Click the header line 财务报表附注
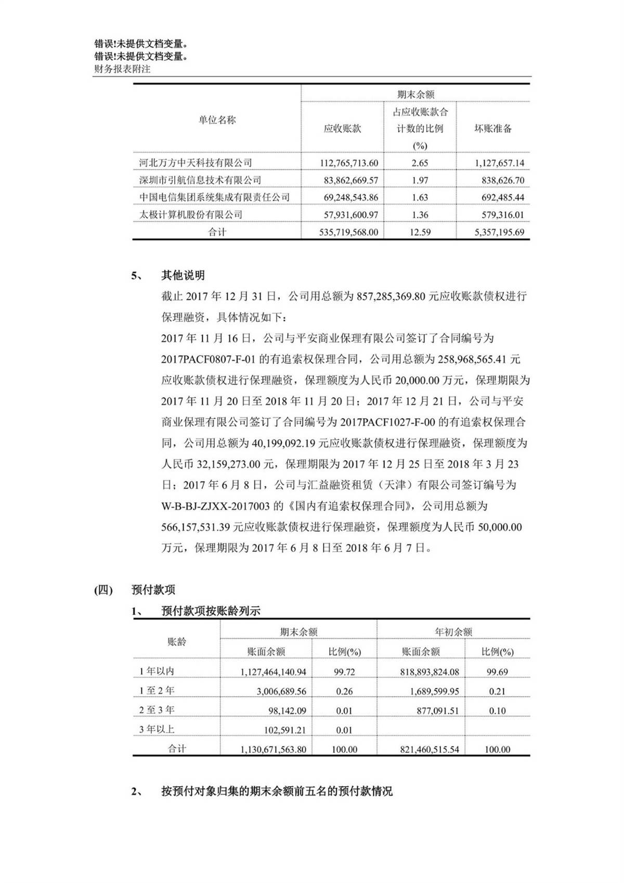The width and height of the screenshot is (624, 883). tap(123, 69)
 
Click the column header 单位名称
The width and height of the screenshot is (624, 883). tap(217, 120)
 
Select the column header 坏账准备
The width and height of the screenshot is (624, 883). tap(493, 129)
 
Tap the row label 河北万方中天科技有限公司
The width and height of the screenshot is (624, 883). tap(196, 163)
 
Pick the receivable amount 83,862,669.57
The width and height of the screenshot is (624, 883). tap(348, 181)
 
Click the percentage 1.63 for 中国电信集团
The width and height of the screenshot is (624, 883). tap(420, 198)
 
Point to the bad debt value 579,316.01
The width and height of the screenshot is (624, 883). tap(500, 215)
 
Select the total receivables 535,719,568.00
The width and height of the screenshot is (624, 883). tap(348, 233)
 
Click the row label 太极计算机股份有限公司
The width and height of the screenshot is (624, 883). tap(191, 215)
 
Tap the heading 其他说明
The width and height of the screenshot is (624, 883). tap(183, 275)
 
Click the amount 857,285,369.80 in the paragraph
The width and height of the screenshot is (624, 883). tap(392, 296)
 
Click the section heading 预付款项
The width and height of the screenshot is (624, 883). tap(153, 590)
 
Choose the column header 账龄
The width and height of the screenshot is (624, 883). tap(177, 642)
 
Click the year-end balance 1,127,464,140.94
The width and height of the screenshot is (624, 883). tap(273, 672)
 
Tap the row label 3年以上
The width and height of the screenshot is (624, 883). tap(157, 730)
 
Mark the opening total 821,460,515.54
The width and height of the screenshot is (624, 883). tap(430, 750)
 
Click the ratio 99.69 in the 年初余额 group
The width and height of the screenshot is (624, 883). tap(497, 672)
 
